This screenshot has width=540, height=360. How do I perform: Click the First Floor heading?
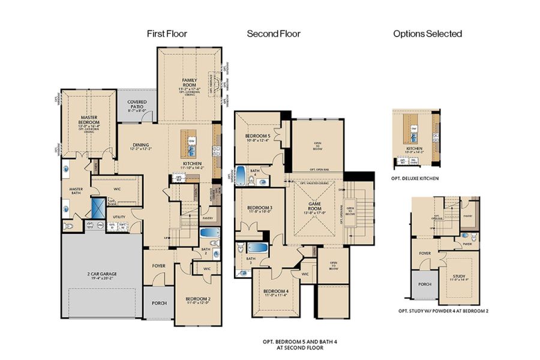(167, 34)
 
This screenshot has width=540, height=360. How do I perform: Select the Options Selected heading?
(427, 34)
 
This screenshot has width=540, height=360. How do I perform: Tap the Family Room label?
(190, 83)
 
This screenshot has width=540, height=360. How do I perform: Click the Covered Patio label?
(137, 106)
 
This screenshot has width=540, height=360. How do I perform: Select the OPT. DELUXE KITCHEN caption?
(414, 178)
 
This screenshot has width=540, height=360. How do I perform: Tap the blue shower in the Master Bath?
(97, 208)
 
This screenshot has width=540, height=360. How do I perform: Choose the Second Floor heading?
(274, 34)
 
